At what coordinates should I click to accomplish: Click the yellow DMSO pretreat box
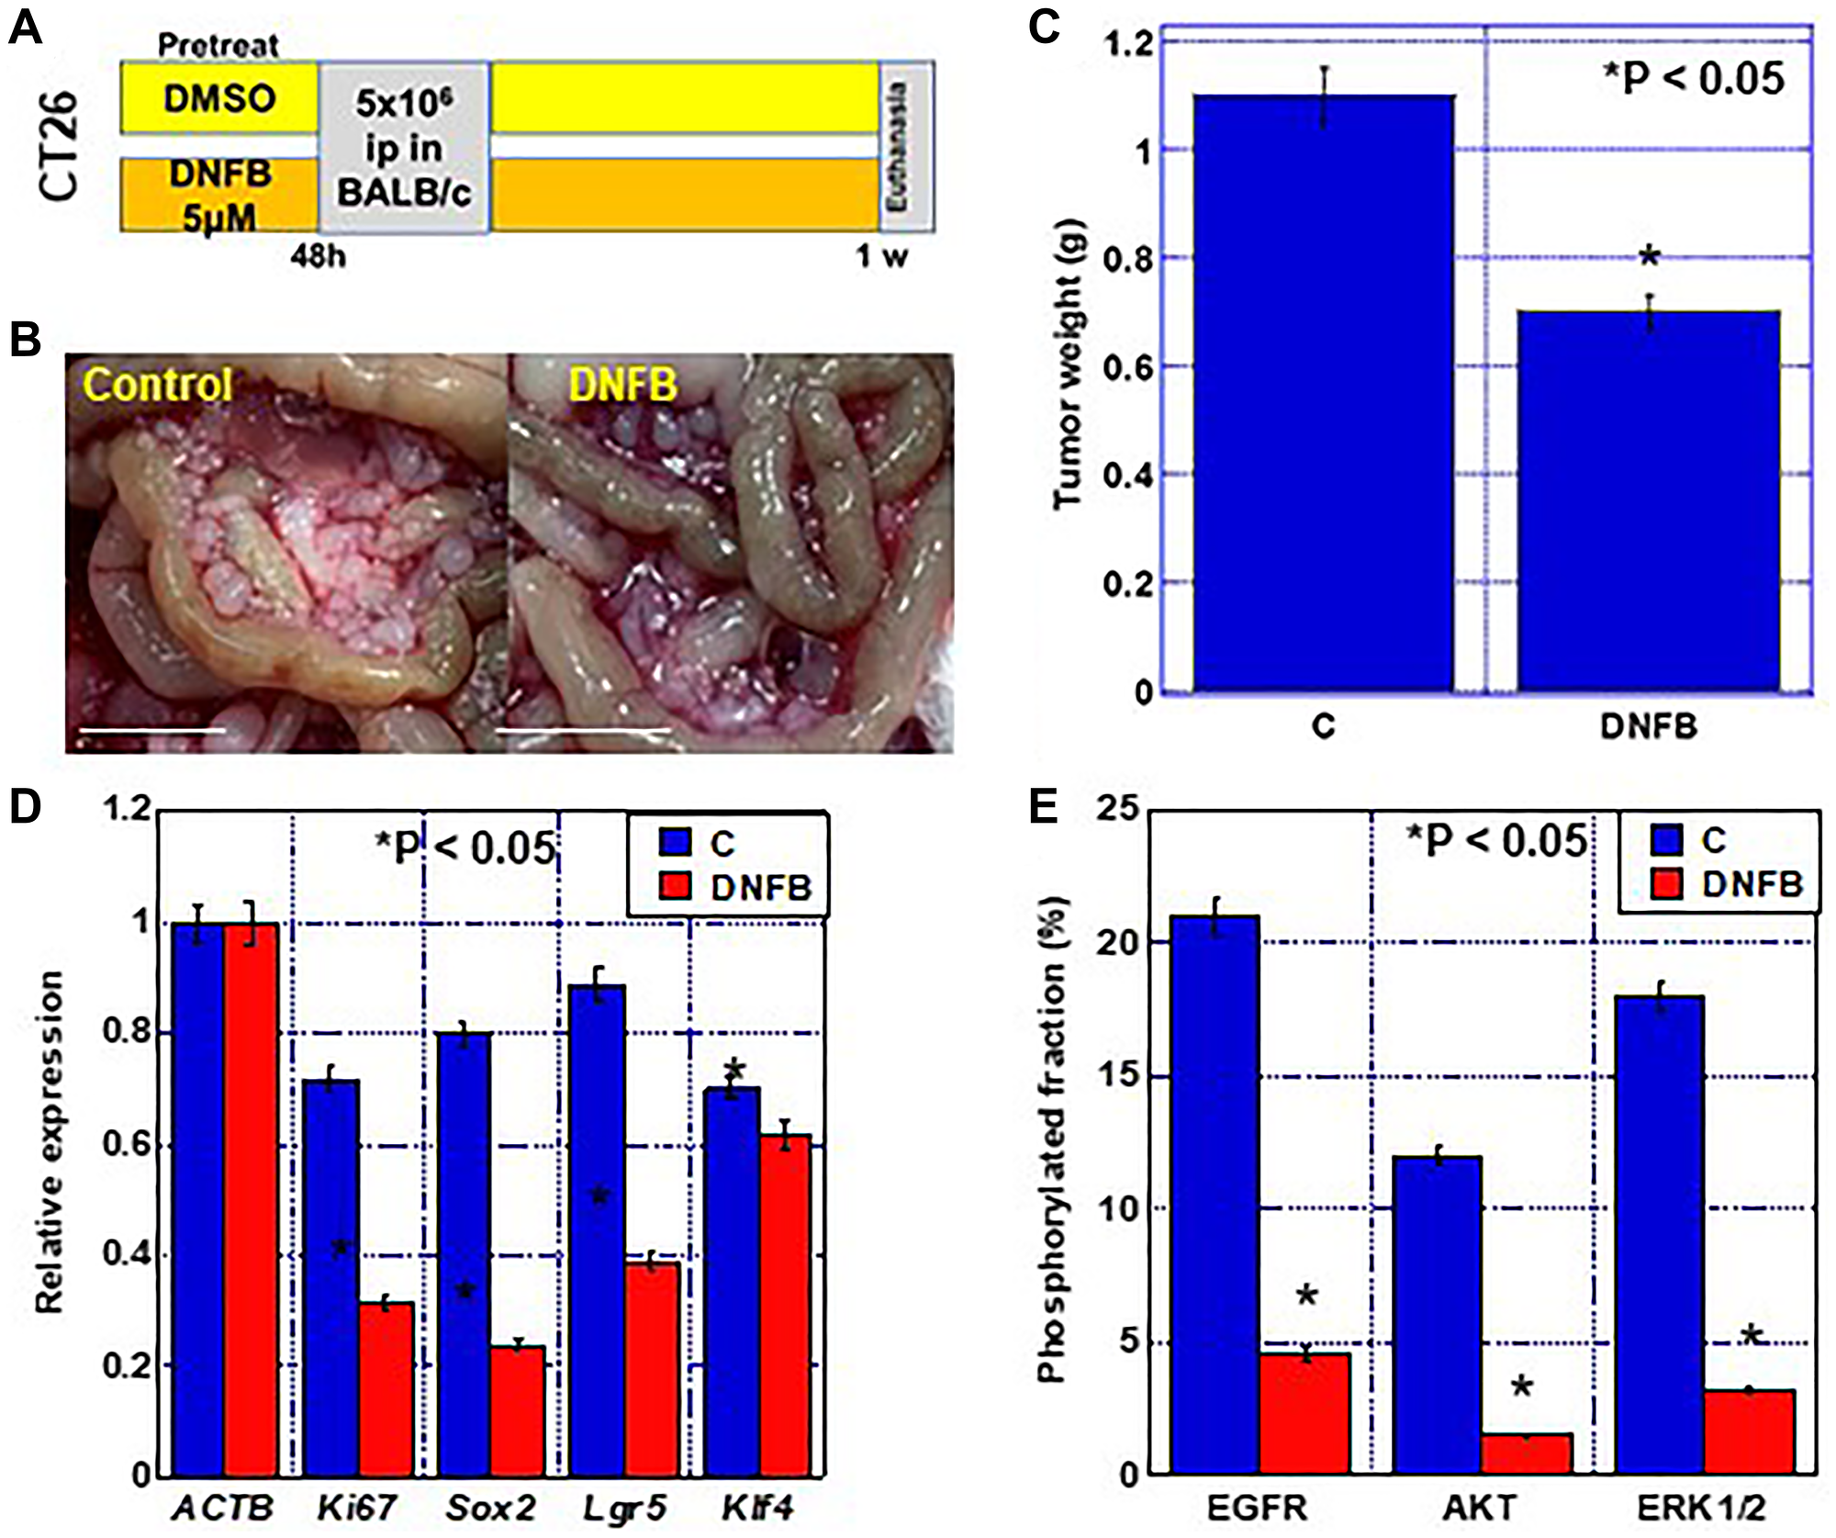219,97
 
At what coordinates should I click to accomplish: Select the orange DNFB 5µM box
219,195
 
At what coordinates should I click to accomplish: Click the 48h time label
319,256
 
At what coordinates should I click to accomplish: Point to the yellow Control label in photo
157,385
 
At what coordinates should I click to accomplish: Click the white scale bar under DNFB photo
583,730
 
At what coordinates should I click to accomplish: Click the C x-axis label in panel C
1323,727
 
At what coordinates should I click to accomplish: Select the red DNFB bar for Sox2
518,1411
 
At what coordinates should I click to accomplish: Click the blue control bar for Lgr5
597,1230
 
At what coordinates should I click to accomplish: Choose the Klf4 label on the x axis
757,1508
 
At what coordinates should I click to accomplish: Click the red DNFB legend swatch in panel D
676,886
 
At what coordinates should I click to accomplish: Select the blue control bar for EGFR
1216,1194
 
